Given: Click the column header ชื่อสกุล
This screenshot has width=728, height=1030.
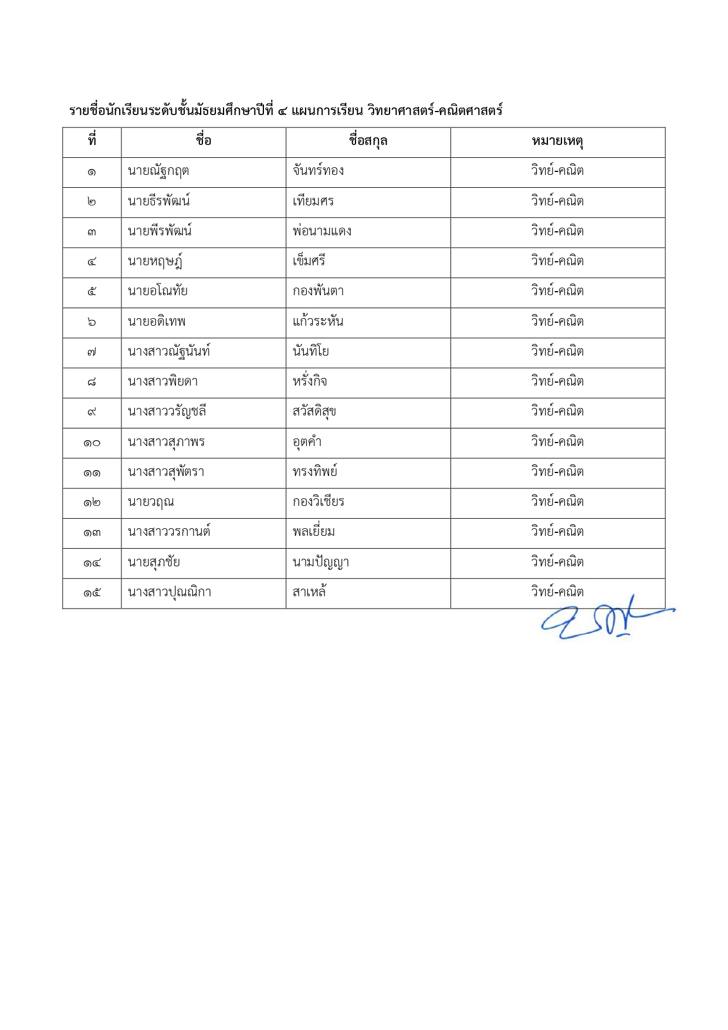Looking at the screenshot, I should (x=368, y=141).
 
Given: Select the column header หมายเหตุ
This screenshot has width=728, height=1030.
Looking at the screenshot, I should (x=557, y=141).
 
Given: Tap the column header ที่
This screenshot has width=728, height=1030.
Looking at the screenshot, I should (x=92, y=141).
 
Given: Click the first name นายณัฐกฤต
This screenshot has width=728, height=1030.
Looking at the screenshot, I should (x=158, y=171).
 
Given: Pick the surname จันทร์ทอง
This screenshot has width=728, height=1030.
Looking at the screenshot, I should (x=318, y=171).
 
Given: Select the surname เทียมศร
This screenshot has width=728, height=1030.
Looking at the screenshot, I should (x=313, y=201).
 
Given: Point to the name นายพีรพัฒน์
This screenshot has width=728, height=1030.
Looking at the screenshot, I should (x=160, y=231).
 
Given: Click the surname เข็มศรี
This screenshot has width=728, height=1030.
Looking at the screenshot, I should (x=309, y=261).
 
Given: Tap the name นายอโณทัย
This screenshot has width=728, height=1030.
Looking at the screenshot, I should (x=157, y=291).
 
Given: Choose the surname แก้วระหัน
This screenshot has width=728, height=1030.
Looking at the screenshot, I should (x=318, y=322).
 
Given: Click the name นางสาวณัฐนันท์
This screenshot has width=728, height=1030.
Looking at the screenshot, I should (x=169, y=352).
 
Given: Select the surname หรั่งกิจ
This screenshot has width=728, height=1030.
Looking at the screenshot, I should (x=310, y=381).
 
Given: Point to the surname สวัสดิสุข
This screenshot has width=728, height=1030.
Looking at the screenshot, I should (x=314, y=411).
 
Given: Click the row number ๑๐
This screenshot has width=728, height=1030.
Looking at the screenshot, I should (x=92, y=443).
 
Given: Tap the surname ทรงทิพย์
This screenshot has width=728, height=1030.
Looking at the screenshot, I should (x=315, y=472).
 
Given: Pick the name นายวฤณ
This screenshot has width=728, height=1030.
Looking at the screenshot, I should (x=151, y=502).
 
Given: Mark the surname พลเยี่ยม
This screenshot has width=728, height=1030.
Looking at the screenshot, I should (x=314, y=532).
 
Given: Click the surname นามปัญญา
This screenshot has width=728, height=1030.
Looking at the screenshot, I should (x=321, y=562).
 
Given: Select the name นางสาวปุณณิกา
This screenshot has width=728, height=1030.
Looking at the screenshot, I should (x=170, y=592).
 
